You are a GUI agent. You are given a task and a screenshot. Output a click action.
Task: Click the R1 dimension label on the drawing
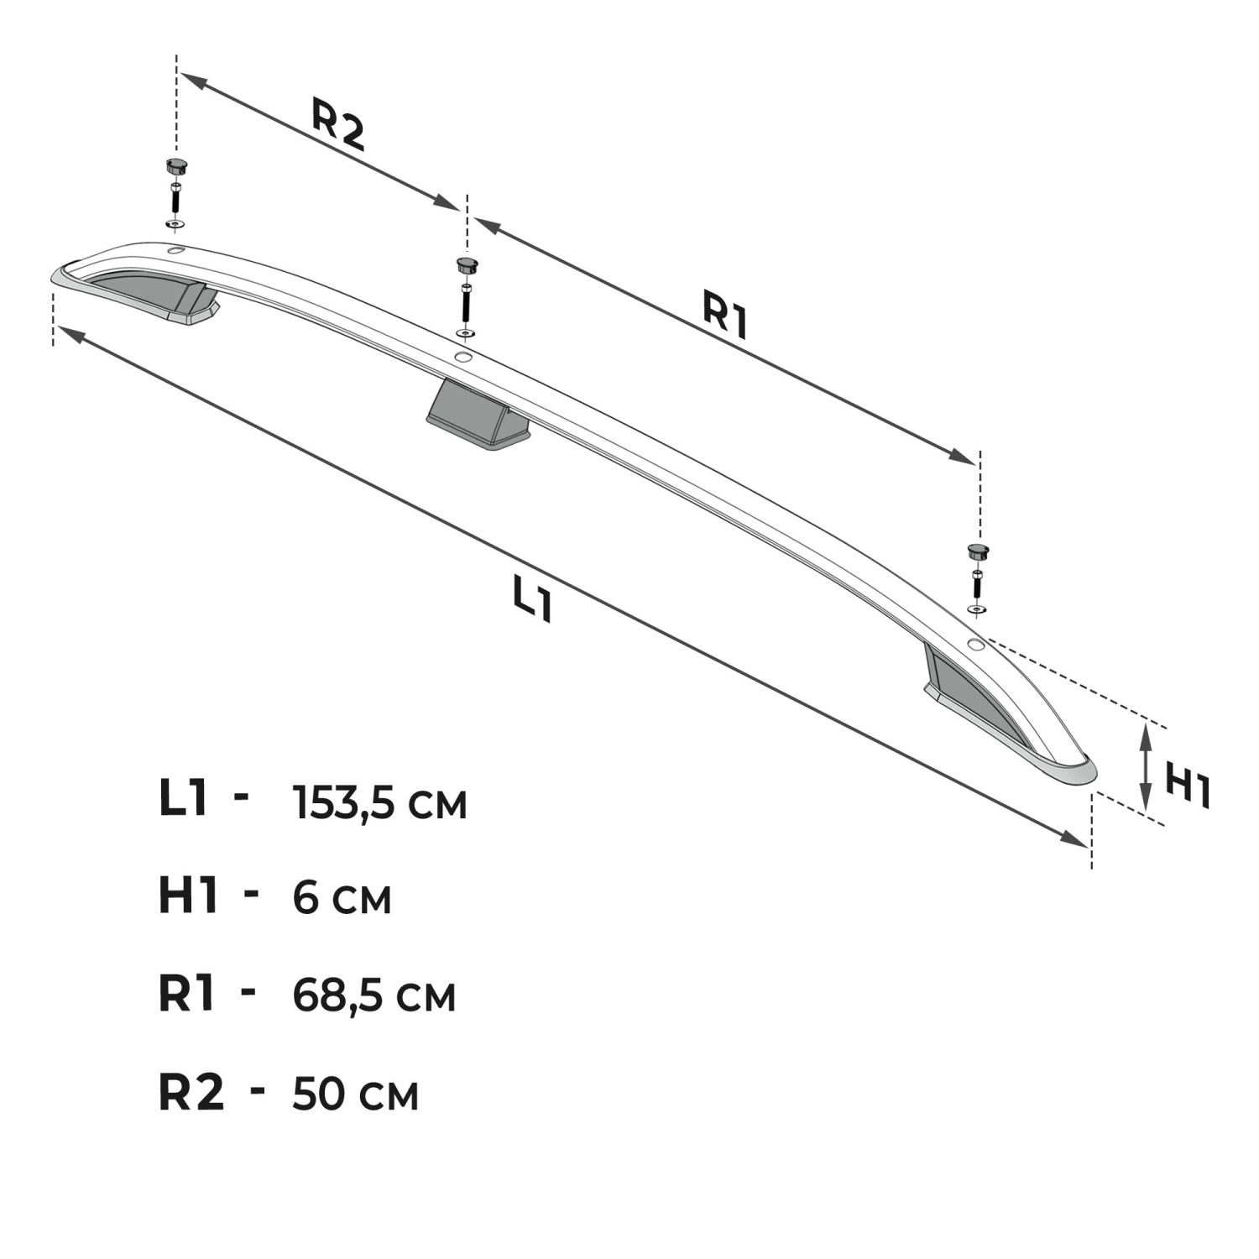[725, 315]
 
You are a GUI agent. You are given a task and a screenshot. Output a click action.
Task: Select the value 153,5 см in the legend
[379, 803]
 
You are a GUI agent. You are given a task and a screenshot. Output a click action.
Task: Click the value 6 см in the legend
[342, 899]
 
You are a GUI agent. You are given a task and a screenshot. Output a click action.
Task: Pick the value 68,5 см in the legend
[374, 996]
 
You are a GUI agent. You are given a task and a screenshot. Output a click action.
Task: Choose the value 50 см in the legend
[355, 1094]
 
